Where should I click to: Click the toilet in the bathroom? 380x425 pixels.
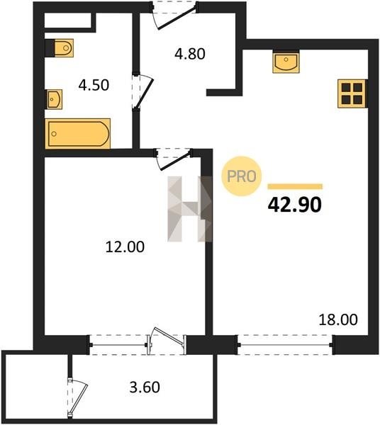(64, 48)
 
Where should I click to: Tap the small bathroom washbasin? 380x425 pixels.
(55, 99)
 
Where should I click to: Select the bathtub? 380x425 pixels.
(77, 134)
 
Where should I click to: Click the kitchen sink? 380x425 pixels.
(286, 62)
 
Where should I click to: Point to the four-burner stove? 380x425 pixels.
(352, 93)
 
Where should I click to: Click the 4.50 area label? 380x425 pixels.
(94, 85)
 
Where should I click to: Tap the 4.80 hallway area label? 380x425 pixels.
(190, 54)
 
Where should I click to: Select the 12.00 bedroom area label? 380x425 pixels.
(125, 247)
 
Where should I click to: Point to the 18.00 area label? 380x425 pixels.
(338, 319)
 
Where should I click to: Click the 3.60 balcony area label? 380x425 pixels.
(145, 387)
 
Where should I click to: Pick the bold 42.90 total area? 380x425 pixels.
(294, 205)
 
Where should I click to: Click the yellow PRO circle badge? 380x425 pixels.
(242, 176)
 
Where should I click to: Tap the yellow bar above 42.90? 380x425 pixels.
(295, 186)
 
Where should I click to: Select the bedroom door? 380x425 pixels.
(174, 159)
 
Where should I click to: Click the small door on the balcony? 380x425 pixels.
(77, 397)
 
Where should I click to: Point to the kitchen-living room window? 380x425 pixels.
(285, 345)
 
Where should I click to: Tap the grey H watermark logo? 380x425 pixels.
(189, 209)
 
